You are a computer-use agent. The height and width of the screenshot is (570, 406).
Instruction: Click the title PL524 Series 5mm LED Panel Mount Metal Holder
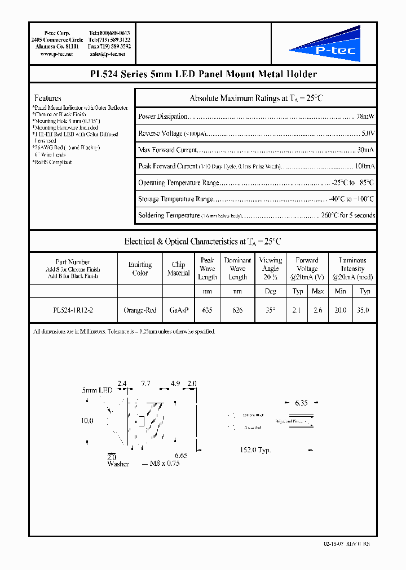[203, 74]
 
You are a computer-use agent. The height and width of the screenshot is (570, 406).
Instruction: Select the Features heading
[47, 98]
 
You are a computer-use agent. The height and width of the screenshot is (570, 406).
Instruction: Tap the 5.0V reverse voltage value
[368, 133]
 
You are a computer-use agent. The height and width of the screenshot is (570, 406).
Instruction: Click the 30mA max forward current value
[365, 150]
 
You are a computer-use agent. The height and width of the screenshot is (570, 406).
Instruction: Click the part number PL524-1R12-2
[73, 310]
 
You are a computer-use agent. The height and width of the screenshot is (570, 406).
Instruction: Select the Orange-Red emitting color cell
[140, 310]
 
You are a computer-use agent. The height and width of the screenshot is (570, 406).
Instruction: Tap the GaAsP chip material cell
[178, 310]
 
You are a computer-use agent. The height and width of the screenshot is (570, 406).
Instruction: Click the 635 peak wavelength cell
[207, 310]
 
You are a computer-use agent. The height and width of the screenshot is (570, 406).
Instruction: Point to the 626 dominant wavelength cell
[237, 310]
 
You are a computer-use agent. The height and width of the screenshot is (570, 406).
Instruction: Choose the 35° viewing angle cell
[270, 310]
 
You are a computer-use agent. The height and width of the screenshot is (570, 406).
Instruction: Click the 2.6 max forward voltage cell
[317, 310]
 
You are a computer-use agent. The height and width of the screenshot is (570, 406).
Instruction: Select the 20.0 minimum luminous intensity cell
[340, 310]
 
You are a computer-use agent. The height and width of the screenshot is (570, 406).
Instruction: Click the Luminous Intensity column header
[352, 269]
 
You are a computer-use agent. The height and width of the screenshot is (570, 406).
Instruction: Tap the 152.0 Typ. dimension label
[257, 450]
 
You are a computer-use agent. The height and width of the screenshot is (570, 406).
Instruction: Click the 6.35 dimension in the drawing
[302, 403]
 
